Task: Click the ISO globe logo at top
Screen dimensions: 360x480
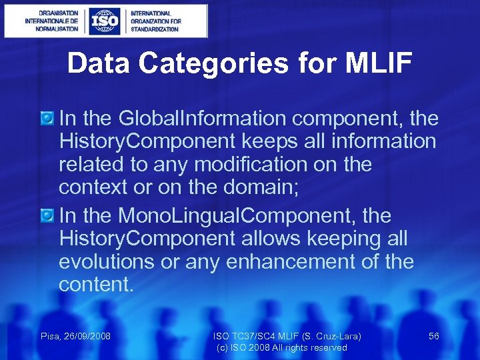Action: tap(106, 21)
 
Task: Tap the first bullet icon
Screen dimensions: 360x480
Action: tap(47, 119)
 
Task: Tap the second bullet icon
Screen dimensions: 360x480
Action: tap(47, 216)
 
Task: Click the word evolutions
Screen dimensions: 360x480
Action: tap(107, 262)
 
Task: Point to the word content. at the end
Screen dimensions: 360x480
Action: tap(96, 285)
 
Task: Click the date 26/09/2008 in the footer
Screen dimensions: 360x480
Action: tap(87, 336)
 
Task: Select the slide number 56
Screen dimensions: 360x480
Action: tap(433, 336)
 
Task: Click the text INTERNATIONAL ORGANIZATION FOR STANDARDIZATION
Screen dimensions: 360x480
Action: tap(155, 21)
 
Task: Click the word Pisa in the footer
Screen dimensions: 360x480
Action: tap(51, 336)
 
